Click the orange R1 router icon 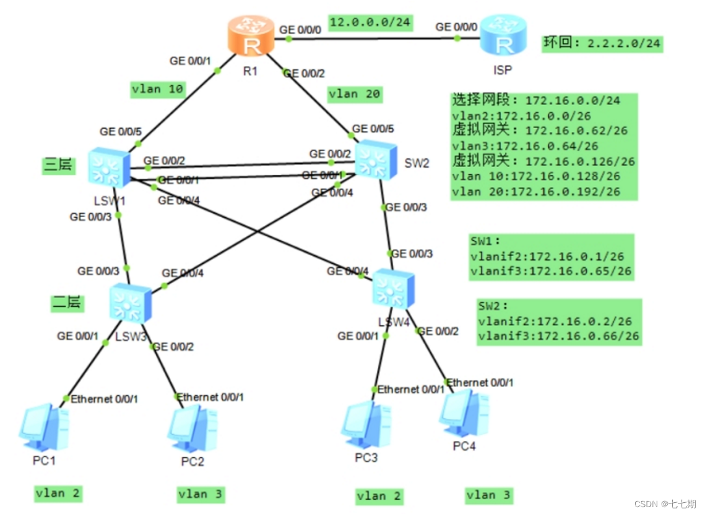250,36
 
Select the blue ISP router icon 504,36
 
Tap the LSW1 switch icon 109,167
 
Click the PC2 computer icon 192,429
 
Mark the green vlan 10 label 158,90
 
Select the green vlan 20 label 355,94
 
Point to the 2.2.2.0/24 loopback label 602,43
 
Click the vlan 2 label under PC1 58,493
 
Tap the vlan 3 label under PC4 489,495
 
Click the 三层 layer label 58,165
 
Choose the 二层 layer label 66,302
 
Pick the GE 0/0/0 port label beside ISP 457,27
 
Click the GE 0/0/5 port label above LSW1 121,132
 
